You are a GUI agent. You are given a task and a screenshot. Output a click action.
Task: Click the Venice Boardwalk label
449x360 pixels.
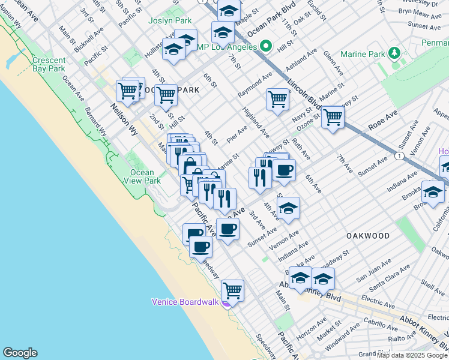[x=185, y=302]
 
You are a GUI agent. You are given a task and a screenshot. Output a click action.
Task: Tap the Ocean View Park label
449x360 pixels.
[x=145, y=176]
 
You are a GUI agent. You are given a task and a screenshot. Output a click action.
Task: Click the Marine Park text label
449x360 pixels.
[x=363, y=54]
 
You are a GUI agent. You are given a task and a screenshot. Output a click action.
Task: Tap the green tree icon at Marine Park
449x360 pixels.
[x=394, y=53]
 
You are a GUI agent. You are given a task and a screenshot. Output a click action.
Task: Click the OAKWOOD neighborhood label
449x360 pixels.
[x=368, y=236]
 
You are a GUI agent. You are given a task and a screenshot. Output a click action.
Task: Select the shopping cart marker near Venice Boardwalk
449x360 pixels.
[x=232, y=290]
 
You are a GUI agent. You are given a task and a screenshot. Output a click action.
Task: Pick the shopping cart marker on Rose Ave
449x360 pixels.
[x=332, y=116]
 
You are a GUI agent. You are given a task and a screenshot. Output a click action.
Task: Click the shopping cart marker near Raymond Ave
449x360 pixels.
[x=277, y=98]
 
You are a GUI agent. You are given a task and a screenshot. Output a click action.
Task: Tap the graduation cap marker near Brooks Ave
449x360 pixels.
[x=433, y=192]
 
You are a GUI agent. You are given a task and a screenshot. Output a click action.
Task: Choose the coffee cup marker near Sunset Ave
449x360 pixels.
[x=228, y=229]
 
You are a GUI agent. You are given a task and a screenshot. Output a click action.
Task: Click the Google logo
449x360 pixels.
[x=20, y=353]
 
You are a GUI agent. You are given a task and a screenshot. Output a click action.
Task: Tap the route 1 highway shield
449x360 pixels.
[x=399, y=155]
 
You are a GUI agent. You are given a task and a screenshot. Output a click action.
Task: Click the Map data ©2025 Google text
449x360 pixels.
[x=412, y=355]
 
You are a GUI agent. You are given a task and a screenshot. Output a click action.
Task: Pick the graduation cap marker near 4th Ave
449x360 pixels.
[x=288, y=208]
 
